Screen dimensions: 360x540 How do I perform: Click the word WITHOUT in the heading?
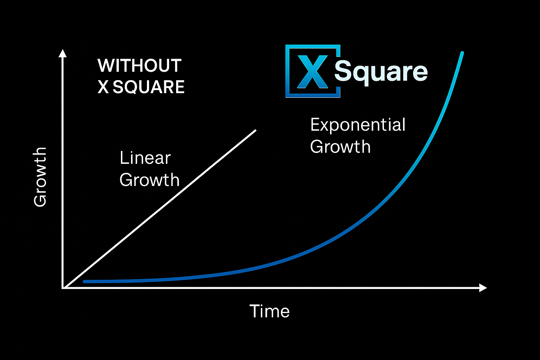(139, 66)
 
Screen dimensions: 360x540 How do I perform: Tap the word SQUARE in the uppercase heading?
(149, 87)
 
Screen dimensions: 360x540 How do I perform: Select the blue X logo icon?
(313, 71)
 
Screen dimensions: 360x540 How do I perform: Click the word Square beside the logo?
(381, 72)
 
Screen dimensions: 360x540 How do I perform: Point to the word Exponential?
(358, 125)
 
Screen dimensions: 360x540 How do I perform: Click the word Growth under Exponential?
(340, 147)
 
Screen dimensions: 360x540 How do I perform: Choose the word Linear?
(145, 158)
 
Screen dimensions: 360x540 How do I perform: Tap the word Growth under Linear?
(149, 180)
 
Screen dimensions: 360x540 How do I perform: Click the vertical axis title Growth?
(40, 177)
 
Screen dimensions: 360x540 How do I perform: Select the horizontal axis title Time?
(270, 311)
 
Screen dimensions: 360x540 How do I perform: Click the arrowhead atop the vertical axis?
(63, 53)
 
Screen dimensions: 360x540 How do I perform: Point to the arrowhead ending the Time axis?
(483, 288)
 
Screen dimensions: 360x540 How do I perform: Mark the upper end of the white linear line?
(255, 130)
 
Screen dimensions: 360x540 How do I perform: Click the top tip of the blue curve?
(462, 53)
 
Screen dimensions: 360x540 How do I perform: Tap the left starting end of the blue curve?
(85, 281)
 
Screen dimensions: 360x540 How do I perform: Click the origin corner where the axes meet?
(63, 288)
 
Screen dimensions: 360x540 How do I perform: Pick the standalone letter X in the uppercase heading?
(103, 87)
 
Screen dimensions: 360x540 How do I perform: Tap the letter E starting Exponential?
(315, 125)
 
